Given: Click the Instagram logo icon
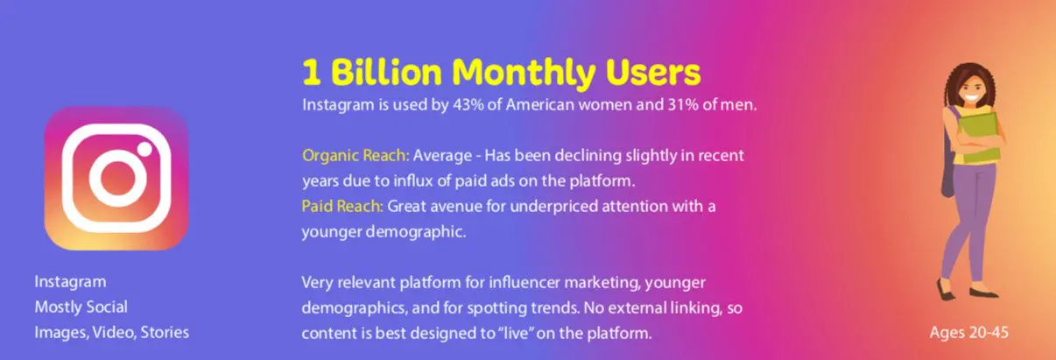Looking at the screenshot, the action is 116,179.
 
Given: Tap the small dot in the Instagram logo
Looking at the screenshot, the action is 144,149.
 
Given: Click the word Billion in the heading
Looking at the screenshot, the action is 386,72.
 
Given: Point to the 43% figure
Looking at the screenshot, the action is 468,105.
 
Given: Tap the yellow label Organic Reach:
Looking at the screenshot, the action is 356,156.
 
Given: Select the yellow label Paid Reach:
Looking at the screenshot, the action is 342,206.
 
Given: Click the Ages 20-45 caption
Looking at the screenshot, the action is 968,333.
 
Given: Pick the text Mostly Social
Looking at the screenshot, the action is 81,307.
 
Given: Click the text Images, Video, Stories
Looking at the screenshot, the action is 112,333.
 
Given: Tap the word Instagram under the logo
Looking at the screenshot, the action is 70,282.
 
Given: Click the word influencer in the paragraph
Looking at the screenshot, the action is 524,283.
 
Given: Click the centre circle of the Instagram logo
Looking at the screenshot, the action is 116,179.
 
